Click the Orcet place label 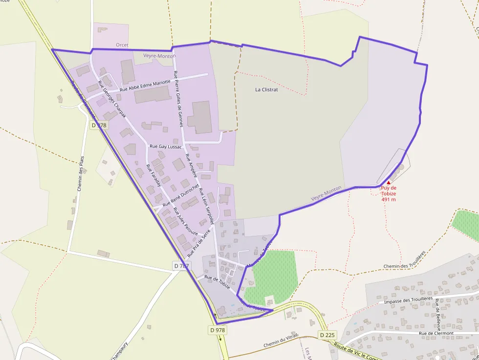pos(122,45)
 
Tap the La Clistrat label pos(266,90)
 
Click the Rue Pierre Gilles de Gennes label pos(178,99)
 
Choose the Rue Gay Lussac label pos(165,147)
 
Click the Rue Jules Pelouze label pos(186,221)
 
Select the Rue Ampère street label pos(191,166)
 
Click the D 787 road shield pos(181,266)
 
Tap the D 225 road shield pos(328,335)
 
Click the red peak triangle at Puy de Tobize pos(389,182)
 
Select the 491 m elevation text pos(389,199)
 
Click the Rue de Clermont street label pos(436,333)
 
